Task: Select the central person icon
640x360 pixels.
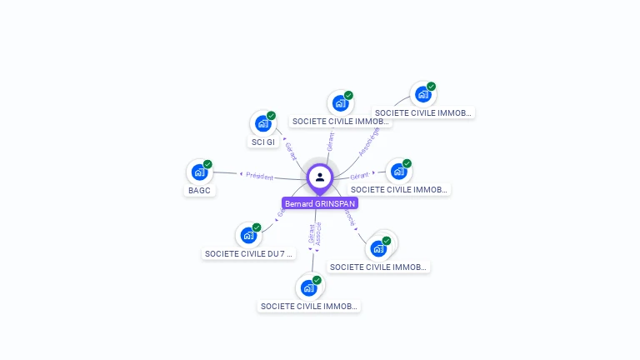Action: click(320, 177)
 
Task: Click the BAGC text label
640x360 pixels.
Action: click(199, 190)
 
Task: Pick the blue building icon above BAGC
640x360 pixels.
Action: click(199, 172)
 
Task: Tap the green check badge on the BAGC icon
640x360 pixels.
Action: click(207, 164)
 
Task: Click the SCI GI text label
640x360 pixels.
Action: click(263, 142)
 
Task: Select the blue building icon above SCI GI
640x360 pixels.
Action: click(262, 123)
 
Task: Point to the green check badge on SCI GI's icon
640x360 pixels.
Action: click(271, 116)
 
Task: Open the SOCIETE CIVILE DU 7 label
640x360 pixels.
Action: click(248, 253)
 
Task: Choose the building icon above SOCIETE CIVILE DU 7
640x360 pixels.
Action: click(247, 235)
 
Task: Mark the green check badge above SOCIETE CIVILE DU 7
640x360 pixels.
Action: click(257, 227)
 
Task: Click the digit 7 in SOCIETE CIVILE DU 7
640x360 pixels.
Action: click(282, 253)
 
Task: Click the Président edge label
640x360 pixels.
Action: click(260, 176)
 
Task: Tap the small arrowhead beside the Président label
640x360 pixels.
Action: click(242, 174)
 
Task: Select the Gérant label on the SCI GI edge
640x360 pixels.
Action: click(291, 151)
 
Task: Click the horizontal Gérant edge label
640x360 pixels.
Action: click(359, 176)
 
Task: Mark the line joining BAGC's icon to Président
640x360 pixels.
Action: click(225, 173)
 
